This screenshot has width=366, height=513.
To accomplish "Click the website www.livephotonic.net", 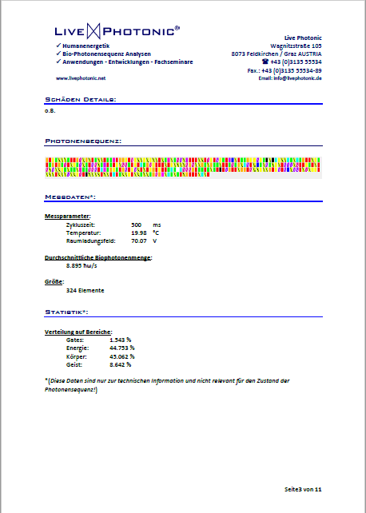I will coord(80,78).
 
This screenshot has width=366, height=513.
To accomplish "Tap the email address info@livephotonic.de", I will coord(290,78).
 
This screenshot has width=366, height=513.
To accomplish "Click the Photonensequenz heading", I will coord(83,141).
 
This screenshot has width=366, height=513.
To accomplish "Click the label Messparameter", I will coord(68,216).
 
